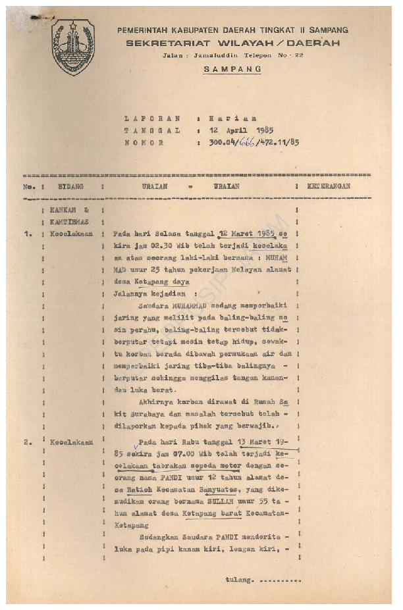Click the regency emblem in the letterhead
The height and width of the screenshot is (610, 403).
[x=73, y=47]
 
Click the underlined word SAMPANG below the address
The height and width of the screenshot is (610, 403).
[x=232, y=69]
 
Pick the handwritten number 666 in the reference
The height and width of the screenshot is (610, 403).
[x=246, y=142]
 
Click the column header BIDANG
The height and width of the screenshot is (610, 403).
[x=70, y=187]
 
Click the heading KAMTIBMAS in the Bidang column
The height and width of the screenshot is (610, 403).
[x=68, y=222]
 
